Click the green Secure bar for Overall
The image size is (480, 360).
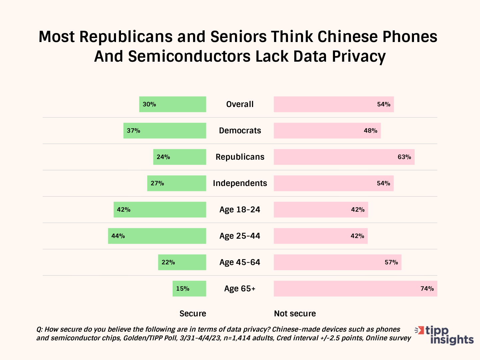coord(173,104)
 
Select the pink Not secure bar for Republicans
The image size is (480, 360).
coord(344,157)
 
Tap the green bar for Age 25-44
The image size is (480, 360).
coord(157,236)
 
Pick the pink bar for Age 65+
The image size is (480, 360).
coord(355,289)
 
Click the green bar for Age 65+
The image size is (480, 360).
coord(189,289)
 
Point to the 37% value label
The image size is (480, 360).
coord(133,131)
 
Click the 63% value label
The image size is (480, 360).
coord(404,157)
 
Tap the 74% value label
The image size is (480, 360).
coord(427,289)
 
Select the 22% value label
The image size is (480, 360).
coord(168,262)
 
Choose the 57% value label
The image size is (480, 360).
coord(391,262)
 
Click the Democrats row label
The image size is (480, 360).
coord(240,131)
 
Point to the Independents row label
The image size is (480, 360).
coord(240,183)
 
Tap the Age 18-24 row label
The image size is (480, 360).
coord(240,210)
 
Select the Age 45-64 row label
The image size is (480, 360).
coord(240,262)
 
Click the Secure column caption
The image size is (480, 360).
coord(193,314)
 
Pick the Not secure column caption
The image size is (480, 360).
coord(295,314)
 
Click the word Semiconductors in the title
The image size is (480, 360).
coord(189,56)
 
